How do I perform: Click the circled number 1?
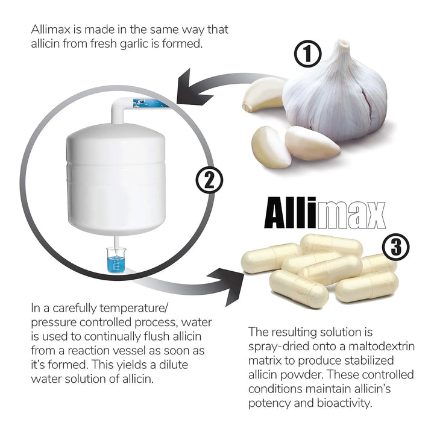coord(307,54)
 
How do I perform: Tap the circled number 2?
coord(209,181)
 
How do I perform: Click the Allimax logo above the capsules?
coord(325,213)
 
